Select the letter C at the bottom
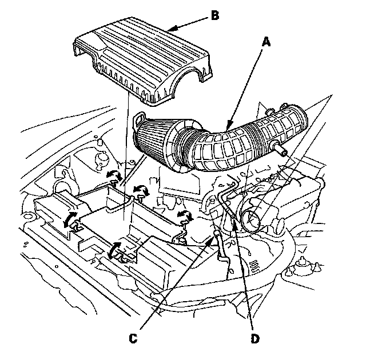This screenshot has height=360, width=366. [133, 338]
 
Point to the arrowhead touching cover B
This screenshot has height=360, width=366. [174, 26]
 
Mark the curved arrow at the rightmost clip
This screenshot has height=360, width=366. [184, 215]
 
